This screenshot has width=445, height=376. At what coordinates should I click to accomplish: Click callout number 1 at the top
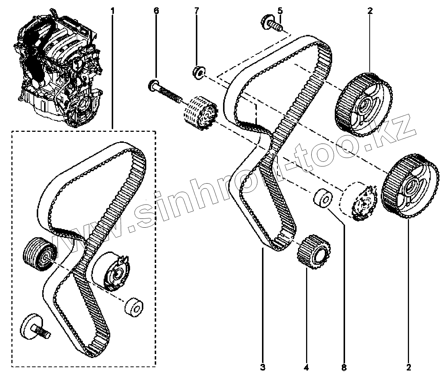point(112,11)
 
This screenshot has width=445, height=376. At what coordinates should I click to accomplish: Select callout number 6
point(156,11)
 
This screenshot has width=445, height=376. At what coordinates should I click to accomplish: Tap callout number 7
point(196,11)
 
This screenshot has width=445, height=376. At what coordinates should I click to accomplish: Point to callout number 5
point(280,11)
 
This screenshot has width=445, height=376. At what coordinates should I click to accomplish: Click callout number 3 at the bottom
point(263,366)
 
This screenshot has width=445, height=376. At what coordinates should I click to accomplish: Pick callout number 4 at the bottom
point(306,366)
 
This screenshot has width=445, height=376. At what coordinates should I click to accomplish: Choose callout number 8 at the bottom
point(344,366)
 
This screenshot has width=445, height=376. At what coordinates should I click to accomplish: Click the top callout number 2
point(370,11)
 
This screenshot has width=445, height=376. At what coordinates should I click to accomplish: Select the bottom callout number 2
point(408,366)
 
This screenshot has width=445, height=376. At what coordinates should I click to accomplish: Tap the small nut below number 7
point(198,72)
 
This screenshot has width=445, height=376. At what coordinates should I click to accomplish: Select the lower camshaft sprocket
point(409,186)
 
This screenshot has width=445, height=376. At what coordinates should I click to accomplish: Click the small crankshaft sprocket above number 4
point(313,253)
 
